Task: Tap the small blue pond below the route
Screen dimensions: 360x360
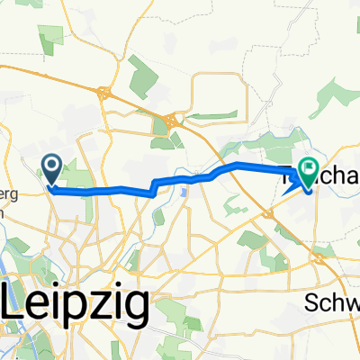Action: [183, 191]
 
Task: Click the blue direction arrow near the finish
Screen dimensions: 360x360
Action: [290, 186]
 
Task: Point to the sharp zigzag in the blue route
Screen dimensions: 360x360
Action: [154, 186]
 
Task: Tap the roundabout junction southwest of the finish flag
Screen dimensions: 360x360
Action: [270, 212]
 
